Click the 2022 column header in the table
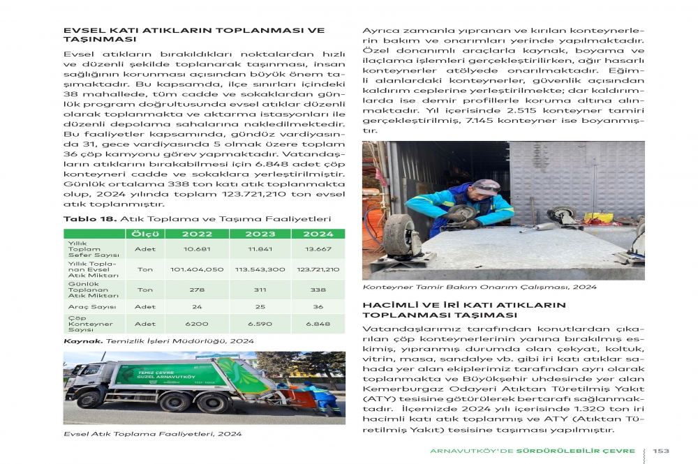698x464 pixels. (198, 234)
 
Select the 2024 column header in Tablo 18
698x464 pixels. (318, 234)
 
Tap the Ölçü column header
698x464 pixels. (145, 234)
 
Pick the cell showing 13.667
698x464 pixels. (318, 249)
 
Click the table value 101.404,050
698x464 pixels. (198, 269)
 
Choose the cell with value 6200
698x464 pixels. (198, 324)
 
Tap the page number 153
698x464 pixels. (661, 451)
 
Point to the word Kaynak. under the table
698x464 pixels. (84, 340)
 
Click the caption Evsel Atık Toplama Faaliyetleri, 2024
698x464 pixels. (152, 434)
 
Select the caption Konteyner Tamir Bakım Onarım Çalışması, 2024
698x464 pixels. (480, 287)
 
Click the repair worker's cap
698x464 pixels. (487, 185)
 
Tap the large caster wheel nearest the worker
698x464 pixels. (400, 235)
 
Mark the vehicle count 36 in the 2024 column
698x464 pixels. (318, 307)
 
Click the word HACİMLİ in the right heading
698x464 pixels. (389, 305)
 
